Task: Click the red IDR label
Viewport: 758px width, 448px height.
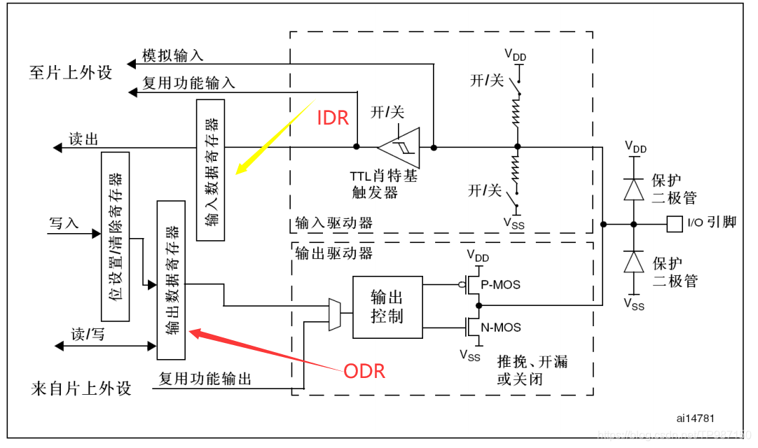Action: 333,118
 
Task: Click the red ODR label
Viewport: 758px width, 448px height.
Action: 364,370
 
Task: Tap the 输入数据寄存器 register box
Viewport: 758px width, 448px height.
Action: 211,170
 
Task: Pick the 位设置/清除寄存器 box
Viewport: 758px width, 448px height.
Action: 116,236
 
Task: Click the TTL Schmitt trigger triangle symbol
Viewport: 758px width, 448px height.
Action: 398,147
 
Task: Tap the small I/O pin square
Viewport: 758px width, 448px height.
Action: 675,224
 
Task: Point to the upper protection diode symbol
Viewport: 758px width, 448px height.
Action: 634,189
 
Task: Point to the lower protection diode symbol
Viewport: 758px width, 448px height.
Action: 634,262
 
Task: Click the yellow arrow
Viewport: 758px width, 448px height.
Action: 273,139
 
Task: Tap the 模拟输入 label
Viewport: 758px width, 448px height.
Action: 173,55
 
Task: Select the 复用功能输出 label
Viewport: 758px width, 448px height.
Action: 205,379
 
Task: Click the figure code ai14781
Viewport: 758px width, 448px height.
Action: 695,418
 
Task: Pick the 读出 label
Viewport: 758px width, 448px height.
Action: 83,139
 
